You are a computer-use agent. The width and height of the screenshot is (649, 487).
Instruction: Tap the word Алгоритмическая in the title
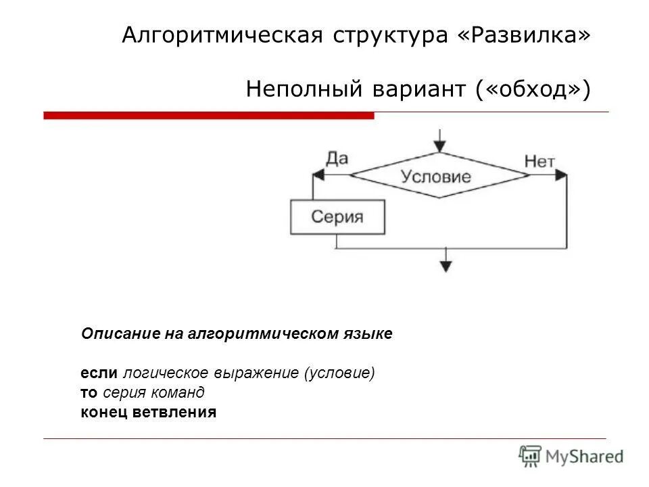pyautogui.click(x=221, y=35)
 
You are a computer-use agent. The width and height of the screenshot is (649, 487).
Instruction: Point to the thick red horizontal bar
pyautogui.click(x=208, y=116)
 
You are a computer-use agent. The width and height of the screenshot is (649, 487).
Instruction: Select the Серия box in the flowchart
pyautogui.click(x=337, y=218)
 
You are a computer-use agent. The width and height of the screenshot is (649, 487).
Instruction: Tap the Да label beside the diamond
pyautogui.click(x=336, y=158)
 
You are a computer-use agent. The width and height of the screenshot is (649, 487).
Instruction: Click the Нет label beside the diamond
pyautogui.click(x=539, y=161)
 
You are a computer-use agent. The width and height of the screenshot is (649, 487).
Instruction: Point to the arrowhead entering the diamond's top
pyautogui.click(x=440, y=145)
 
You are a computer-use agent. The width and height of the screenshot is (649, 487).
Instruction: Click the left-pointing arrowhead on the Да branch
pyautogui.click(x=318, y=175)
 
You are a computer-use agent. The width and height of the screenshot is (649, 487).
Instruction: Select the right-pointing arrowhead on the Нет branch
pyautogui.click(x=561, y=175)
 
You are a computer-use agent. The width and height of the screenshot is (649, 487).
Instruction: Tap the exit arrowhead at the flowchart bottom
pyautogui.click(x=445, y=265)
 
